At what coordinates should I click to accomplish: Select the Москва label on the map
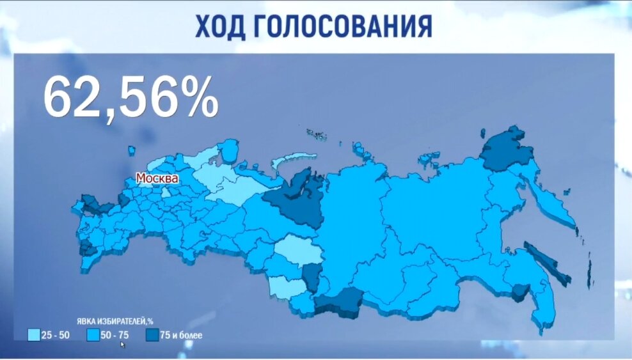[x=157, y=178]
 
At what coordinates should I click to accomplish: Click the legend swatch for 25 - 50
[x=34, y=334]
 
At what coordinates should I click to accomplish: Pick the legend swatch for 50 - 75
[x=91, y=334]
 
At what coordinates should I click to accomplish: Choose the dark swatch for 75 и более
[x=151, y=334]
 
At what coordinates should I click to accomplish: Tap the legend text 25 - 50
[x=56, y=334]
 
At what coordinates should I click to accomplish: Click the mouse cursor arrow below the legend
[x=123, y=344]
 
